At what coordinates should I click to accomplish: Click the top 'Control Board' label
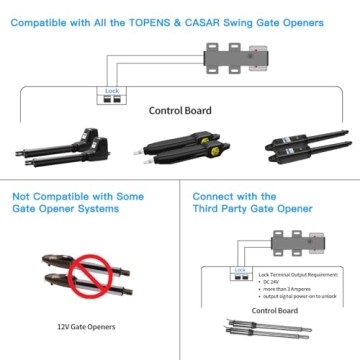point(180,111)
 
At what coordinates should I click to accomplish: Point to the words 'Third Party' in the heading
point(221,212)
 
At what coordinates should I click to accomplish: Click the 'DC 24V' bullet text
point(273,282)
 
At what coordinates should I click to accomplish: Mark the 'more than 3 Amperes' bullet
point(289,289)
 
